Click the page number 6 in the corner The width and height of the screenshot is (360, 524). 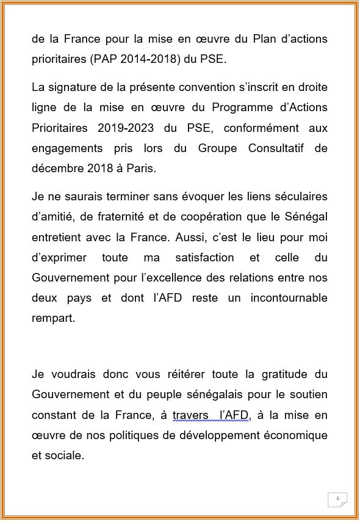point(337,498)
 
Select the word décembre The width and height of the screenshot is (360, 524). point(56,169)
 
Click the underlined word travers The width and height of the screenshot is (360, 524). point(190,415)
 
